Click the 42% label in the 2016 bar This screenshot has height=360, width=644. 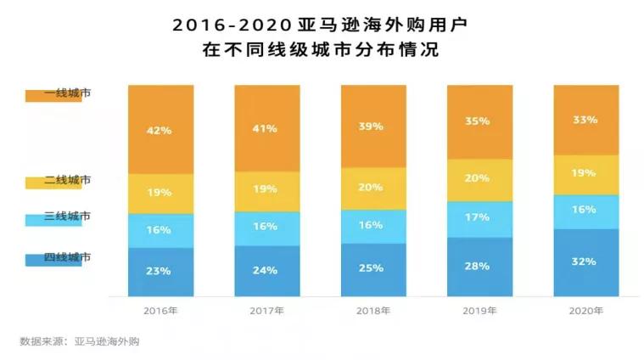[x=160, y=131]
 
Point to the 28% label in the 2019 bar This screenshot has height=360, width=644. [x=478, y=266]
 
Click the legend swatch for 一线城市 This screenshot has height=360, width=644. [x=48, y=95]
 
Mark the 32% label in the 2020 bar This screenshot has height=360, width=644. [x=585, y=262]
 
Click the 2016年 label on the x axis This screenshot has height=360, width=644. [x=160, y=311]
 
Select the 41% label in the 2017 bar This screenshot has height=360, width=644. [x=266, y=129]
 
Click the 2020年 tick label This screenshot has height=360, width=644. [x=585, y=311]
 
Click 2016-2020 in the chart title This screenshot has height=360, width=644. [x=230, y=25]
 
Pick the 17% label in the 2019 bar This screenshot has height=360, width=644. [x=478, y=217]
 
